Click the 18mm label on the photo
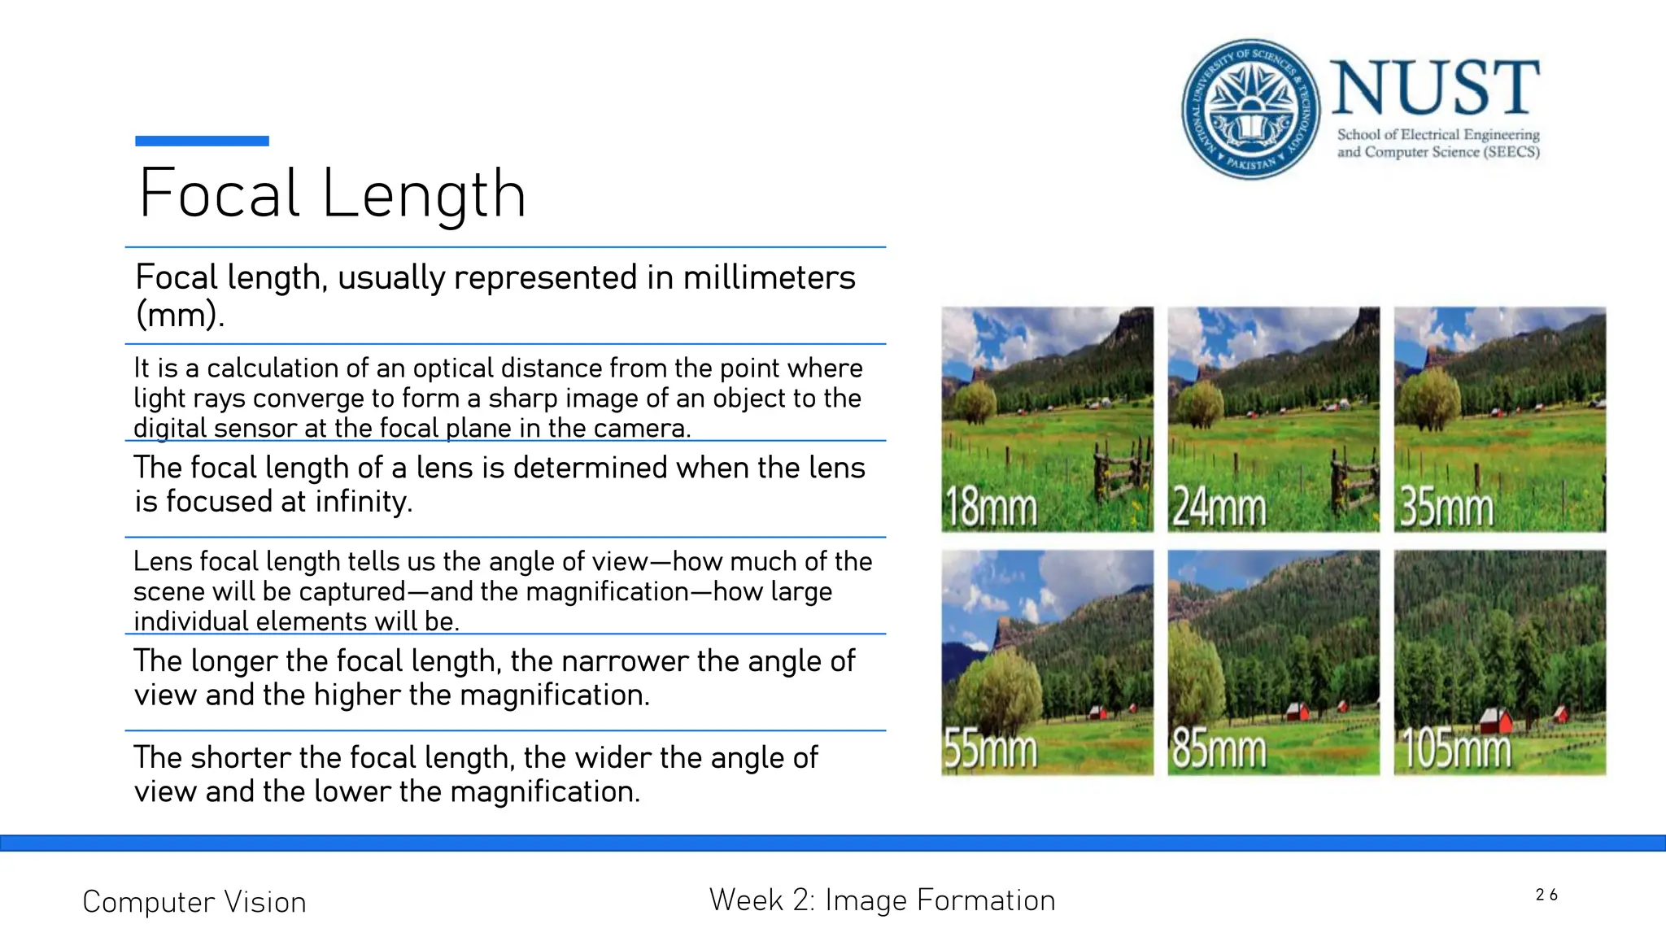point(991,508)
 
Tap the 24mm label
point(1219,508)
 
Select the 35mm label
point(1446,508)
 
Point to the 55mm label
point(991,749)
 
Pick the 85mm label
point(1219,749)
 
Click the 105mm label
point(1455,749)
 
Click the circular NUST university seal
point(1251,109)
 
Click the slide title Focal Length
point(333,194)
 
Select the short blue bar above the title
point(202,141)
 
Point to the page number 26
point(1546,895)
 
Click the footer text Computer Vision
point(194,902)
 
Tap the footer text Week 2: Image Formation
point(882,900)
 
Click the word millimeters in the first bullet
point(769,277)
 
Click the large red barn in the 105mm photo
point(1494,721)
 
